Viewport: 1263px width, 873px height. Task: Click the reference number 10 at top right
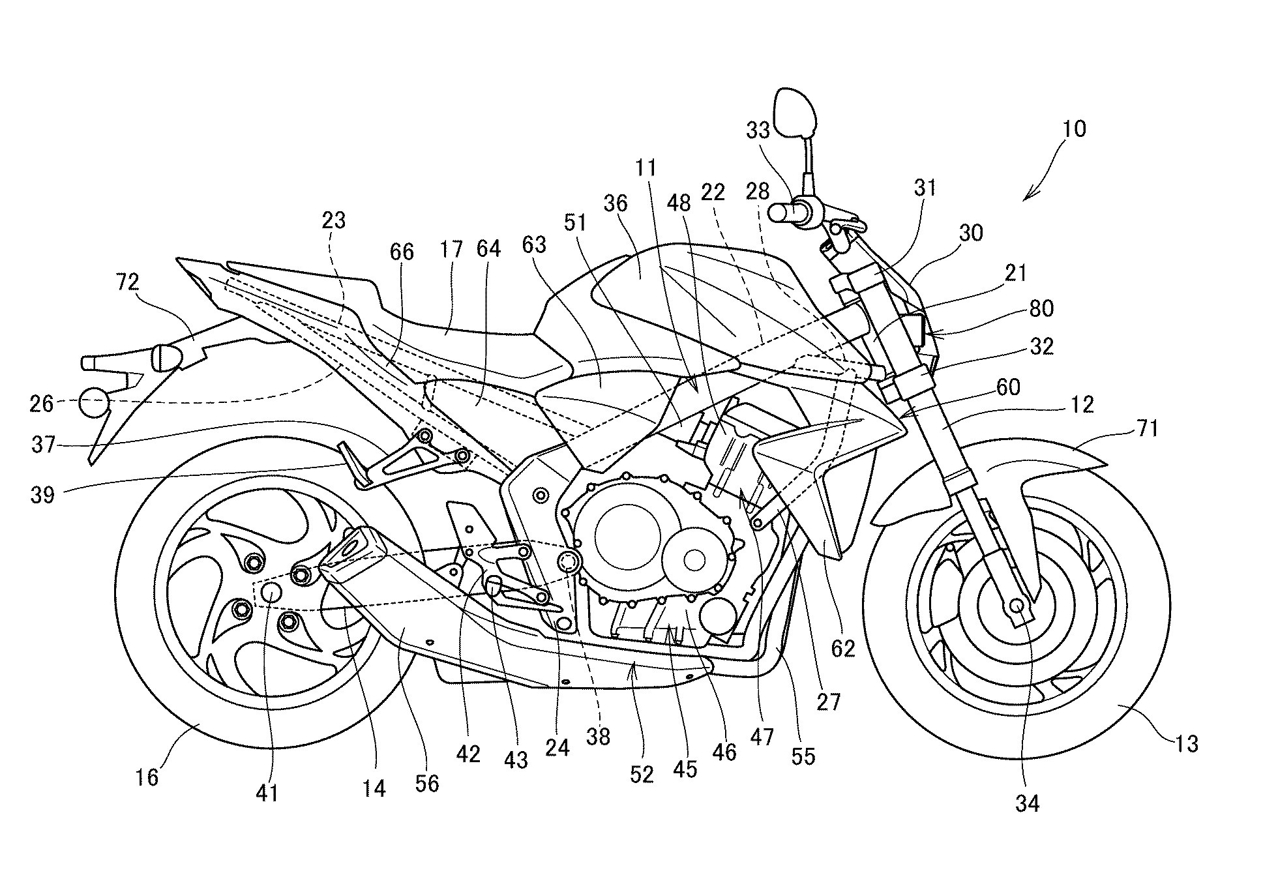1074,128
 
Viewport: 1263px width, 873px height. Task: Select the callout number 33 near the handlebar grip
759,131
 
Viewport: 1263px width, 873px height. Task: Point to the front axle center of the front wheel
1016,606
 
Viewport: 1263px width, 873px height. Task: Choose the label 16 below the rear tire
147,777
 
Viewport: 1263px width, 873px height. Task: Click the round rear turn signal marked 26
93,403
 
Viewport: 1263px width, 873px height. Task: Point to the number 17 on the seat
451,250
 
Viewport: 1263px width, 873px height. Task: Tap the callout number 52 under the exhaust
642,774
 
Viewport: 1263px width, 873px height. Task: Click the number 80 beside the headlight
1041,308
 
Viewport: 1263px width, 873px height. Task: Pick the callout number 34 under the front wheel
1027,803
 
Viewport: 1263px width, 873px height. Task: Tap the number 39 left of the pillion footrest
44,495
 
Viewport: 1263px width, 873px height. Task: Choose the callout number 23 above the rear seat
333,220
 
